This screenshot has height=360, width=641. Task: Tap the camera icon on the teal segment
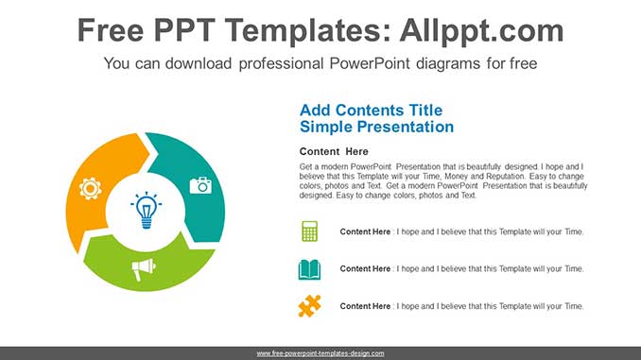(200, 185)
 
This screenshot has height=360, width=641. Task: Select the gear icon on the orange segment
(91, 188)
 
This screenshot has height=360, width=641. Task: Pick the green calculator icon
(309, 231)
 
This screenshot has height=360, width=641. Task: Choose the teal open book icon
(309, 269)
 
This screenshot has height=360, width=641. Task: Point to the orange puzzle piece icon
(309, 306)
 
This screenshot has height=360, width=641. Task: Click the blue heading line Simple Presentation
(376, 127)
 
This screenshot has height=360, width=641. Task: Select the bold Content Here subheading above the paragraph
(334, 151)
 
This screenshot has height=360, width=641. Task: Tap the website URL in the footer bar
(320, 353)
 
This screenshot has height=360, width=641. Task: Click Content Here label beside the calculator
(365, 231)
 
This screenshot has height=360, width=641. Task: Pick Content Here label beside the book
(365, 269)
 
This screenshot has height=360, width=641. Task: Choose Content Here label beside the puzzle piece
(365, 306)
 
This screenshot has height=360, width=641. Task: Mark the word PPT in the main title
(205, 31)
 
